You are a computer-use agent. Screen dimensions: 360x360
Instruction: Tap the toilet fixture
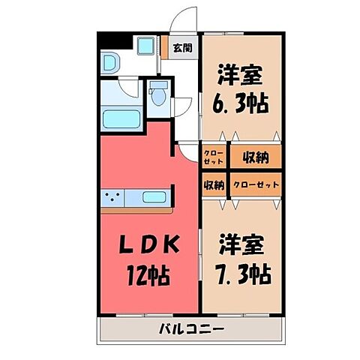tap(157, 96)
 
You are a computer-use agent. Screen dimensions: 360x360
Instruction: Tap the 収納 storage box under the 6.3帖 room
tap(256, 157)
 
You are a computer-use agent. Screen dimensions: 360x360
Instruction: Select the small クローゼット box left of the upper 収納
tap(213, 157)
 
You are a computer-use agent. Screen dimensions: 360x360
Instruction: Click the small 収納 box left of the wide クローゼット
tap(213, 184)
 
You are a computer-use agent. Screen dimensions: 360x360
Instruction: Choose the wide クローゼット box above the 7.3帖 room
tap(256, 184)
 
